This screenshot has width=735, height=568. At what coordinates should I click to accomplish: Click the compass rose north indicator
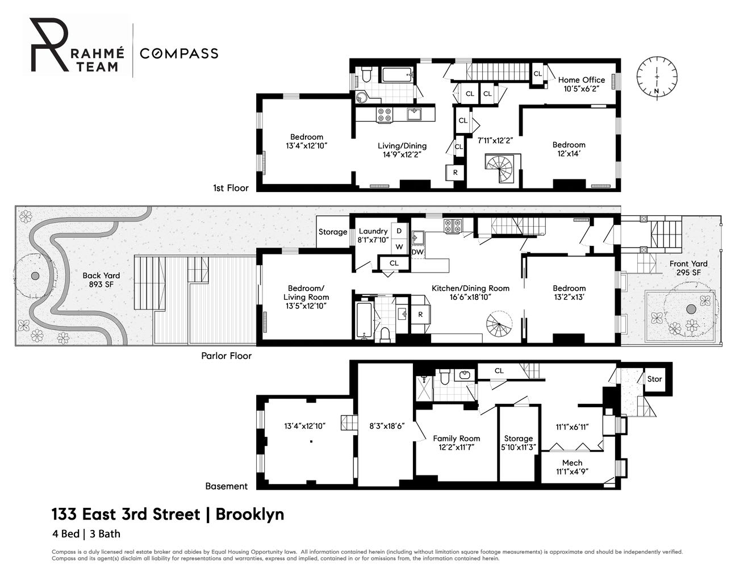tap(657, 91)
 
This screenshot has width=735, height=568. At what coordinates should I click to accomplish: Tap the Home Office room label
tap(582, 80)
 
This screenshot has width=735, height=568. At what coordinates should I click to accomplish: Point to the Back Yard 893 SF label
tap(101, 280)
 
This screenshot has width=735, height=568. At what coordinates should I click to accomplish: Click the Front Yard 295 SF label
tap(688, 268)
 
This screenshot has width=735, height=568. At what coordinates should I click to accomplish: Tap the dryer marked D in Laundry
tap(399, 231)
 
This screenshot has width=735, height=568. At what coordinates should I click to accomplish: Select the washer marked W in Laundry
tap(399, 247)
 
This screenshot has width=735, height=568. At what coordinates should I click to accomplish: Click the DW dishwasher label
tap(417, 252)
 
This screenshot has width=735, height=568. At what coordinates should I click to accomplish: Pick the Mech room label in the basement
tap(573, 463)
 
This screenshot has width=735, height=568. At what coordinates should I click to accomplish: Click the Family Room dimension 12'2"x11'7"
tap(456, 448)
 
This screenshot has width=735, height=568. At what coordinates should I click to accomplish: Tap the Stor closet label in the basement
tap(654, 379)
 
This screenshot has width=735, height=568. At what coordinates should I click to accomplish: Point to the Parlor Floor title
tap(226, 356)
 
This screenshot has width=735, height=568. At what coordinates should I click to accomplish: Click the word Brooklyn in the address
tap(250, 515)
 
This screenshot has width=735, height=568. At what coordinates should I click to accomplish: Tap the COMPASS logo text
tap(179, 53)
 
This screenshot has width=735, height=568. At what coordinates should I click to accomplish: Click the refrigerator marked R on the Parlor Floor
tap(420, 315)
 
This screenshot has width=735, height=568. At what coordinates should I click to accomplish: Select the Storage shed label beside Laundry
tap(333, 232)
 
